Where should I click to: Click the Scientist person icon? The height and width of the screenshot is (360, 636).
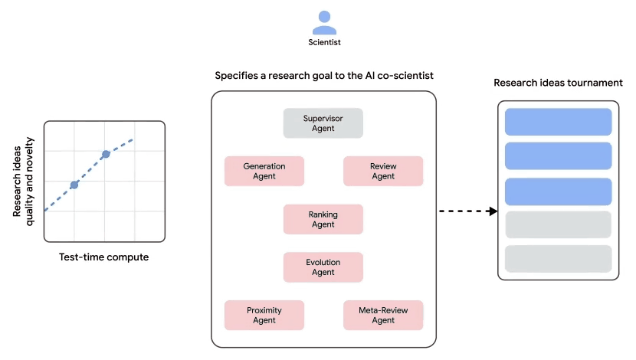coord(323,22)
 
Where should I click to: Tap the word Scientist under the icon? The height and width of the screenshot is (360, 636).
coord(323,43)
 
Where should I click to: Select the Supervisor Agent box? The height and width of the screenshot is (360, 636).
coord(323,123)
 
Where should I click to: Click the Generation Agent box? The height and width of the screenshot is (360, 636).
coord(264,171)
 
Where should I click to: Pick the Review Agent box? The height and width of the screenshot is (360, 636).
coord(382,171)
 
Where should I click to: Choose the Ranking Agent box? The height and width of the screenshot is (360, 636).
coord(323,219)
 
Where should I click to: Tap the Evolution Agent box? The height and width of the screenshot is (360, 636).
coord(323,267)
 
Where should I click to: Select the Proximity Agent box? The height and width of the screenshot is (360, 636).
coord(264,315)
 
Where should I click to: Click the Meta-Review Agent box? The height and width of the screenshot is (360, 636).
coord(382,315)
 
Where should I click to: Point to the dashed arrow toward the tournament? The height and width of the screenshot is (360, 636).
coord(468,211)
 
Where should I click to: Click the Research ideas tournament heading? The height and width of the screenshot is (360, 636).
coord(557,83)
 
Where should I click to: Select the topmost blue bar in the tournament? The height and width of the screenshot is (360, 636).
coord(558,122)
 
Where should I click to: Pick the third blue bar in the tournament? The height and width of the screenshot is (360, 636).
coord(558,191)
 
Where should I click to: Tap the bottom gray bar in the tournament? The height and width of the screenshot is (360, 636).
coord(558,259)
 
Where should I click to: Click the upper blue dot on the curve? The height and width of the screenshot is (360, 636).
coord(106,155)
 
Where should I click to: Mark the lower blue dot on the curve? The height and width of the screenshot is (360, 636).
coord(74,185)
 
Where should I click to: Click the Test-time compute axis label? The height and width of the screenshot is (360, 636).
coord(103,257)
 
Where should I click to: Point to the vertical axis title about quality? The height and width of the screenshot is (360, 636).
coord(24,181)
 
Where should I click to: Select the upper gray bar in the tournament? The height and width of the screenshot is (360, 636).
coord(558,224)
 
